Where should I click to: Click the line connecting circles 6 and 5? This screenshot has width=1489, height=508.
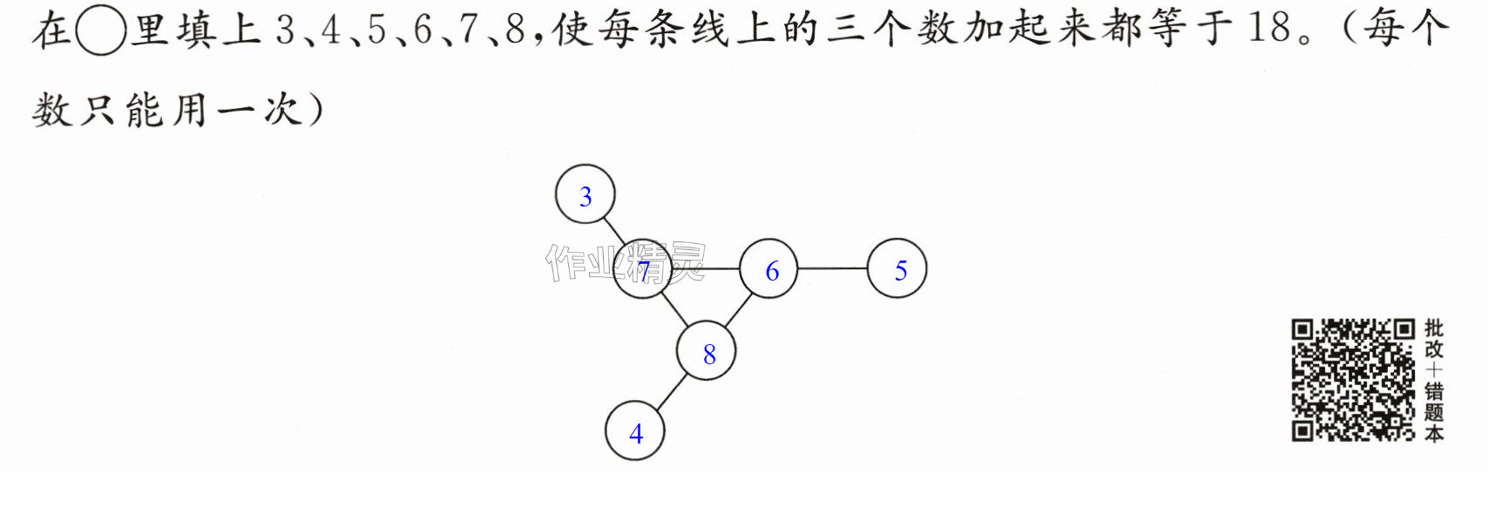click(832, 268)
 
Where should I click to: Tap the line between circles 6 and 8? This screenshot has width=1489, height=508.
click(738, 310)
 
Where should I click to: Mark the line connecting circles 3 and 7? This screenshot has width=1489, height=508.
click(613, 233)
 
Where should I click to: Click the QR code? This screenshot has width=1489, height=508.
click(1353, 380)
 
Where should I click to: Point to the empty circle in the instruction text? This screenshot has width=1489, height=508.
click(100, 30)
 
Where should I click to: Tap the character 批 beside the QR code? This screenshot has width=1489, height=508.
click(1434, 329)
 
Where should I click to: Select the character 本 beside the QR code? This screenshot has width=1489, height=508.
click(1434, 434)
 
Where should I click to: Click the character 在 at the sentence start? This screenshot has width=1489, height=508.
click(51, 30)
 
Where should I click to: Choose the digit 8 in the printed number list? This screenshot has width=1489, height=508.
click(515, 30)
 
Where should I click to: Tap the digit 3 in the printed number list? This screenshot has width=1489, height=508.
click(285, 30)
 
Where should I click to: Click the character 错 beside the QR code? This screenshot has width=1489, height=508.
click(1434, 391)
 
